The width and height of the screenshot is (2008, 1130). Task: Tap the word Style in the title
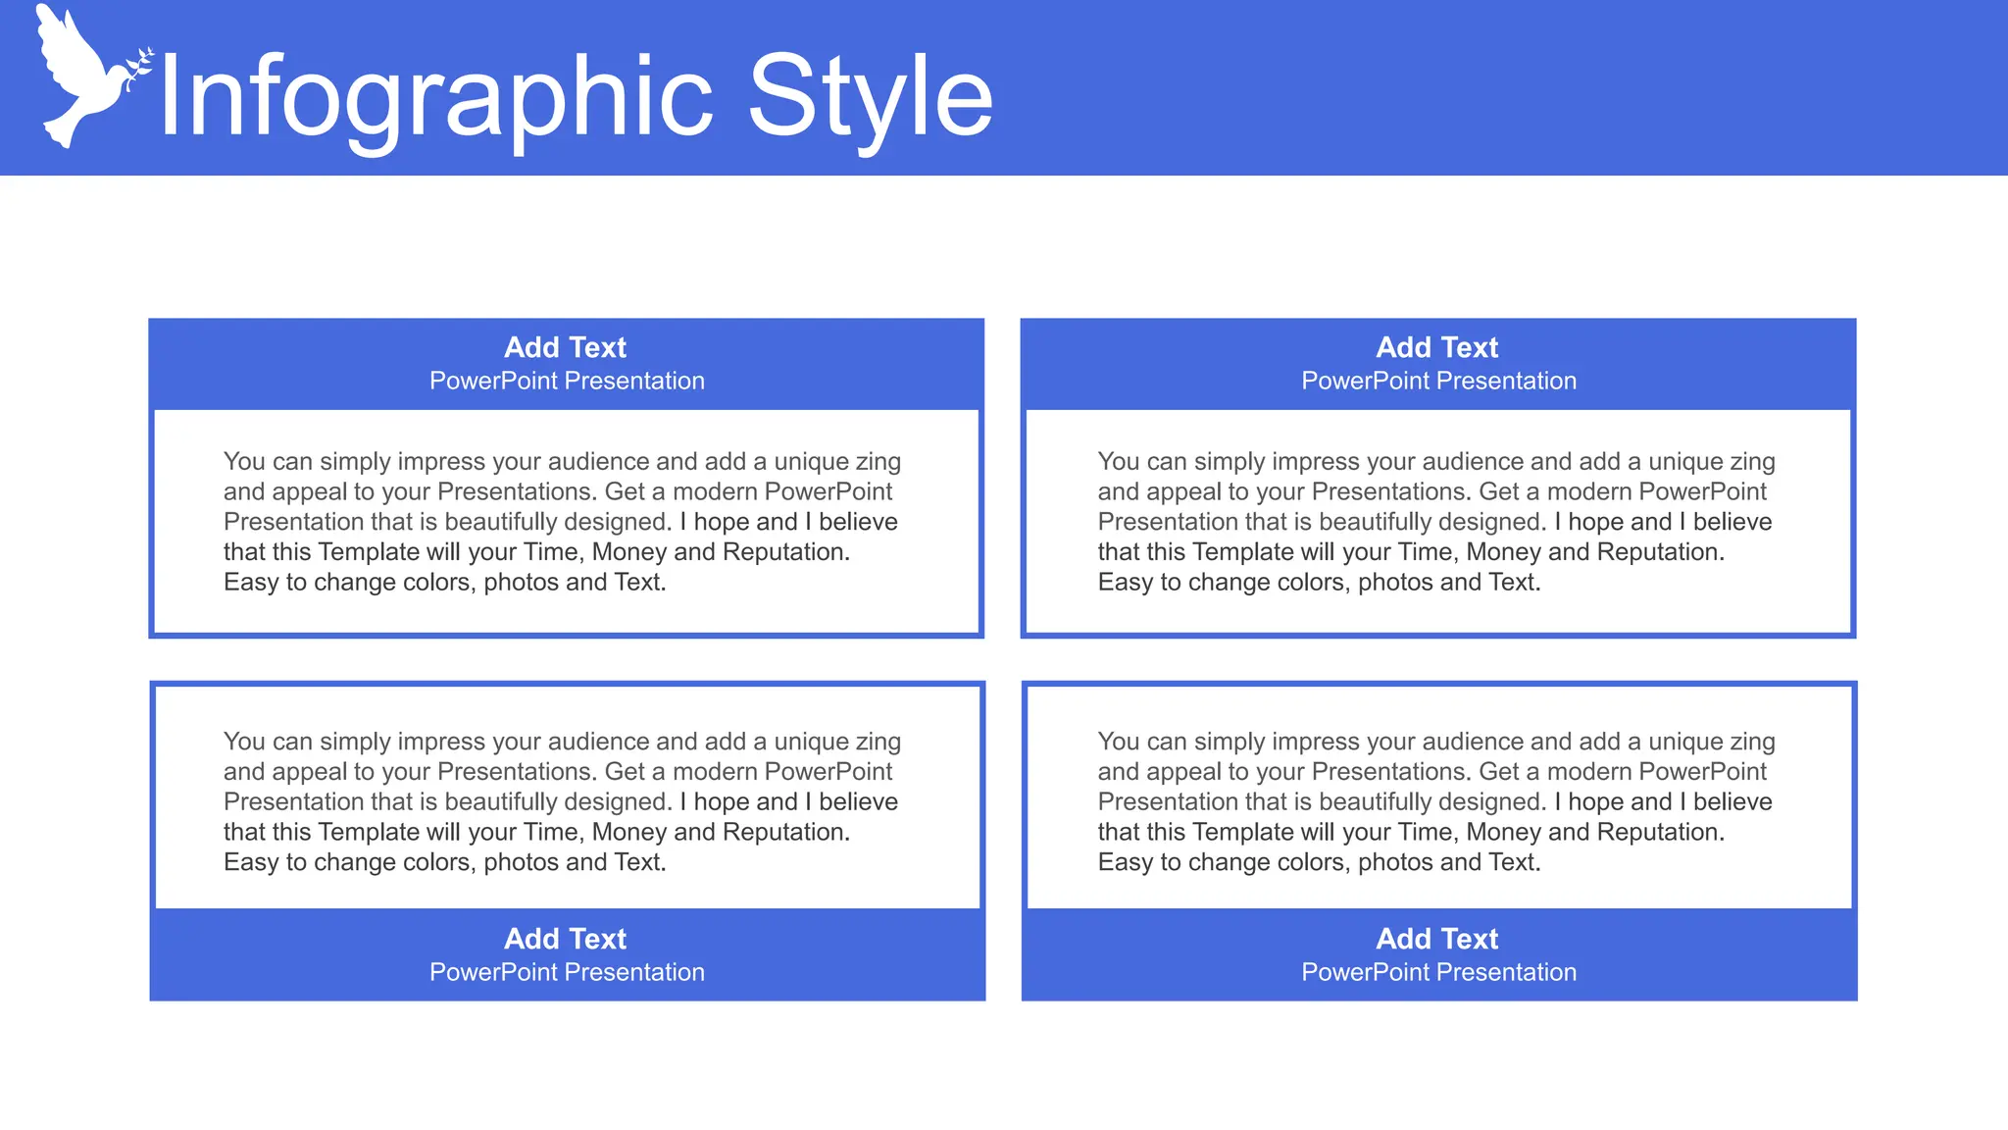(870, 98)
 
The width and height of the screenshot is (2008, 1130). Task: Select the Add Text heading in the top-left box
(565, 347)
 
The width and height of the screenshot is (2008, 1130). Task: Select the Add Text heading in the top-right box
(1436, 347)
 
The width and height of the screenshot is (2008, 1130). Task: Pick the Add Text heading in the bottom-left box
(565, 939)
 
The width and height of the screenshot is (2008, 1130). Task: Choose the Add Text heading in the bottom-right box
(1436, 939)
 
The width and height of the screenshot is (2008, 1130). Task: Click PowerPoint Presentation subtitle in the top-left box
(567, 381)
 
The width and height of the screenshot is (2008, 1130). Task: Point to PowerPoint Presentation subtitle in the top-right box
(1438, 381)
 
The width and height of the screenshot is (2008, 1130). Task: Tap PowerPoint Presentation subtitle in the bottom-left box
(567, 972)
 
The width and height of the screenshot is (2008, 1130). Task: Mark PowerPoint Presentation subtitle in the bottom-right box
(1438, 972)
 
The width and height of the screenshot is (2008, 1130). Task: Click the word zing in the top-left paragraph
(877, 462)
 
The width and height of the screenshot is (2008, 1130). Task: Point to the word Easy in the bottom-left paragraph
(251, 863)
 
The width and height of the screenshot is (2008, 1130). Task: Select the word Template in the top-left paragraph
(369, 552)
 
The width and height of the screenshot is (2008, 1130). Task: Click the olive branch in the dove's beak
(140, 63)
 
